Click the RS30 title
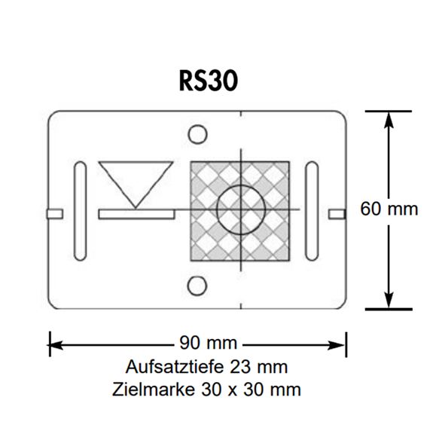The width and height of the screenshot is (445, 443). click(x=209, y=81)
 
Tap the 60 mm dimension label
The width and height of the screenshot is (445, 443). click(x=389, y=209)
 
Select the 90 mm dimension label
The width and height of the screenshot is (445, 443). click(x=209, y=343)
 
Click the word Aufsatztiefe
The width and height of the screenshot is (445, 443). click(x=175, y=367)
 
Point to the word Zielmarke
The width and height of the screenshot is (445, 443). click(x=154, y=390)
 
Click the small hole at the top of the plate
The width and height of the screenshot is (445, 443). click(x=197, y=134)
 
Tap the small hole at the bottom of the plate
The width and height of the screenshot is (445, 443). click(x=197, y=286)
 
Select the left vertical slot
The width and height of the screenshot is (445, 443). click(x=80, y=211)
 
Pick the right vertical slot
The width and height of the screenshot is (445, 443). click(x=312, y=211)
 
